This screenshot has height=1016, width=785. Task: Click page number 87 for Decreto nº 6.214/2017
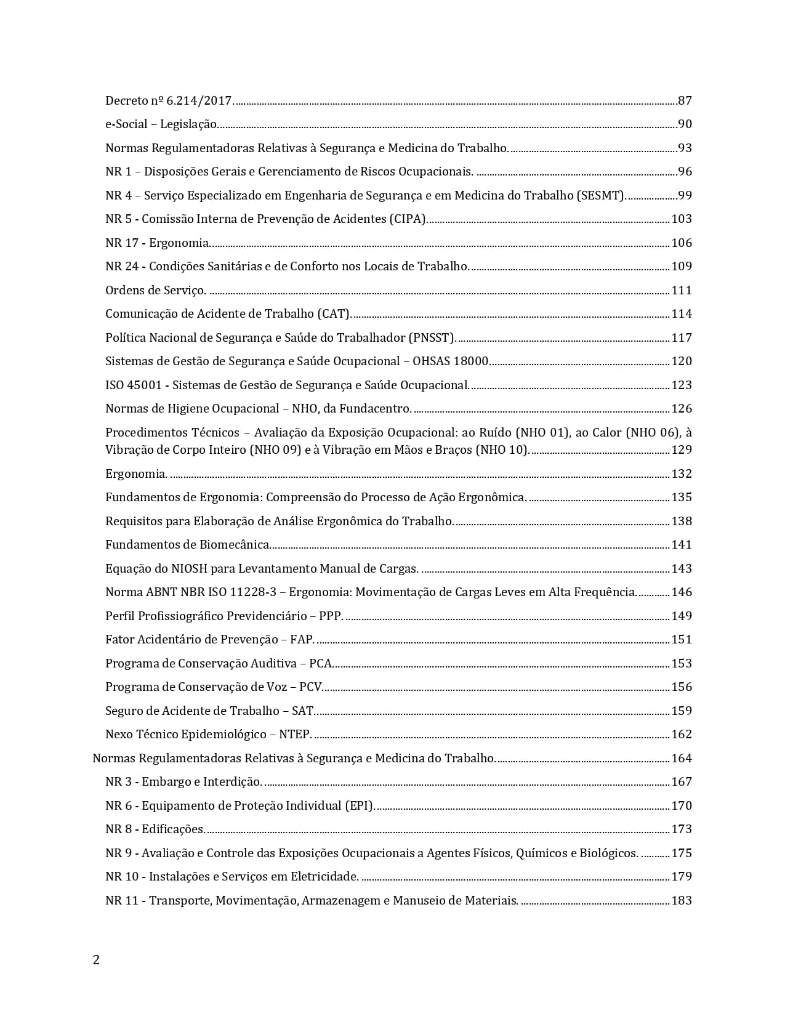pyautogui.click(x=685, y=100)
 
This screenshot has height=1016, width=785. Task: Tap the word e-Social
pyautogui.click(x=126, y=124)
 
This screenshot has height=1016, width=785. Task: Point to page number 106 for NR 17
pyautogui.click(x=682, y=243)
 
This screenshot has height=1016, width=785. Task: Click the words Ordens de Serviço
pyautogui.click(x=155, y=291)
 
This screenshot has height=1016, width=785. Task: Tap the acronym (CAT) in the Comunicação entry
pyautogui.click(x=334, y=314)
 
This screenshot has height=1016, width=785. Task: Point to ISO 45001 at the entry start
pyautogui.click(x=133, y=385)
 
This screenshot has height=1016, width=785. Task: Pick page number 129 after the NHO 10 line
pyautogui.click(x=682, y=450)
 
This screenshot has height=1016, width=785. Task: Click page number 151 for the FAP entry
pyautogui.click(x=682, y=640)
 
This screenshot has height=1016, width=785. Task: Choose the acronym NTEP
pyautogui.click(x=294, y=735)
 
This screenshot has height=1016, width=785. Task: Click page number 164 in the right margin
pyautogui.click(x=682, y=759)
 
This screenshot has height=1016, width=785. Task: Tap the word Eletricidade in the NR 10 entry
pyautogui.click(x=324, y=877)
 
